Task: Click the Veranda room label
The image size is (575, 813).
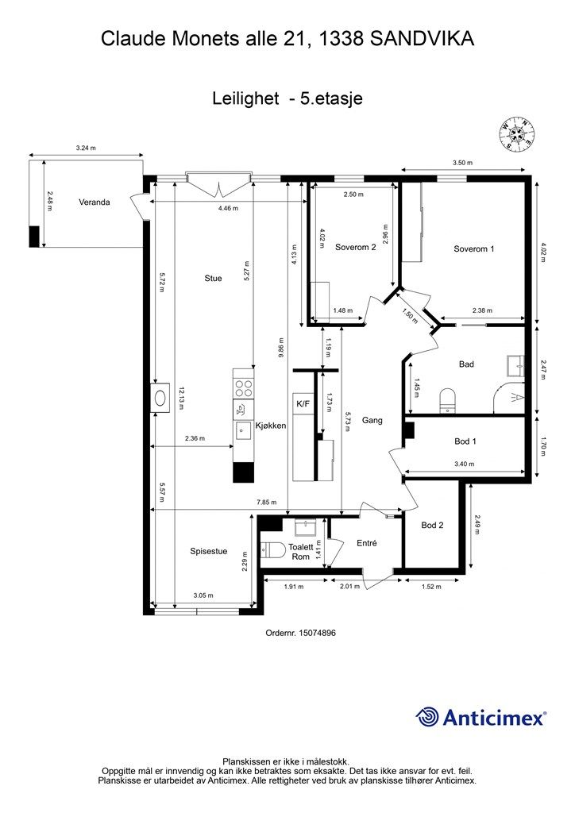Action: (95, 202)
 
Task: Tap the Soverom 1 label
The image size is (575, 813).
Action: (473, 249)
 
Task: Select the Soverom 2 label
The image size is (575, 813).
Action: (355, 248)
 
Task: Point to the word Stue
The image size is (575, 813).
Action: (213, 279)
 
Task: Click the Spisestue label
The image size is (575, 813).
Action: (208, 552)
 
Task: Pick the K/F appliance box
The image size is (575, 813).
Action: (303, 404)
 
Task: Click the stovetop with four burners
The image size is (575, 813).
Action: (243, 389)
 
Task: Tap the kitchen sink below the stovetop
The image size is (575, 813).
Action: (243, 430)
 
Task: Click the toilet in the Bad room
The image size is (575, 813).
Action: (447, 401)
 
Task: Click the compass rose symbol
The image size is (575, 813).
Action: (515, 133)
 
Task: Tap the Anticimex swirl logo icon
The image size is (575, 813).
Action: (426, 718)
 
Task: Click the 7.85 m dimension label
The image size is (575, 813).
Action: (267, 503)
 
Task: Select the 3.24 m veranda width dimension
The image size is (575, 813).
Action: (86, 148)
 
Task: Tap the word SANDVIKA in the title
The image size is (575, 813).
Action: (422, 39)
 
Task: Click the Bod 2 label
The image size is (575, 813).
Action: (432, 526)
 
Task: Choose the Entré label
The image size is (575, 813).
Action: (367, 543)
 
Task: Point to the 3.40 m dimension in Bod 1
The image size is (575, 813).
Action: (464, 464)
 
